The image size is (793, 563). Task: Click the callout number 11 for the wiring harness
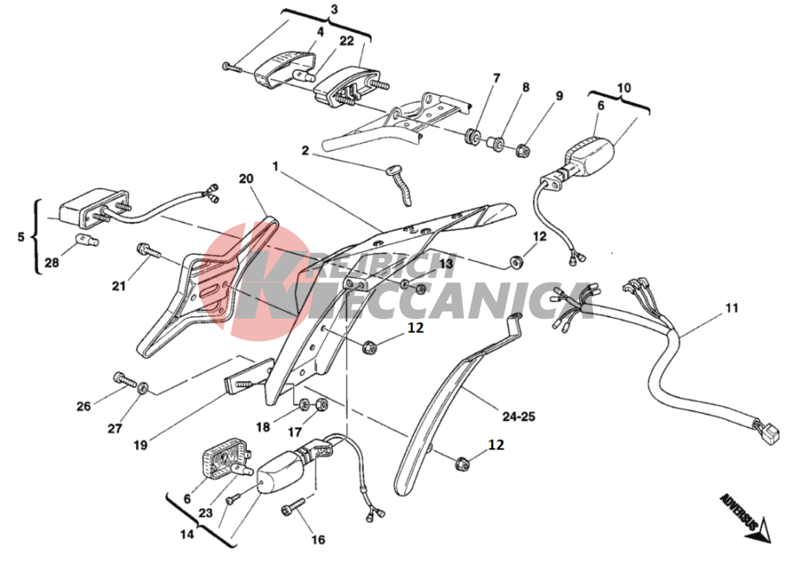731,307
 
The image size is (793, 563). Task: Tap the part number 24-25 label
519,417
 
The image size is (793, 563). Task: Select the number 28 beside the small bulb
52,262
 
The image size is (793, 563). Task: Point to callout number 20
246,179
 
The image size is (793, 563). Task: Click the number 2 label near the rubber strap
305,151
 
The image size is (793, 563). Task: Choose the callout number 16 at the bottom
318,540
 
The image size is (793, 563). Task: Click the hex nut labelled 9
523,150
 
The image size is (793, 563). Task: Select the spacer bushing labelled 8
496,143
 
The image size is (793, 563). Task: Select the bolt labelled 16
293,507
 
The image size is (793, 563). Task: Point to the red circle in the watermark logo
251,281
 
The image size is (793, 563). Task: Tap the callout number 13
446,263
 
